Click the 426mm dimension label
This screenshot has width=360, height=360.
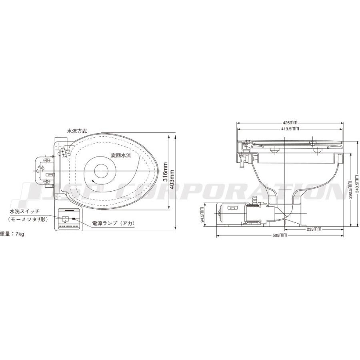(290, 123)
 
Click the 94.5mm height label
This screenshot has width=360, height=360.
(202, 215)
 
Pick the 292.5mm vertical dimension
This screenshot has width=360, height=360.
(350, 190)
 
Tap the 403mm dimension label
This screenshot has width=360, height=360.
(172, 179)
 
